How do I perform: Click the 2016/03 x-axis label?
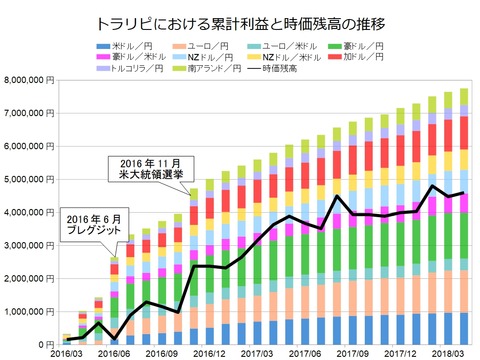(66, 354)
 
